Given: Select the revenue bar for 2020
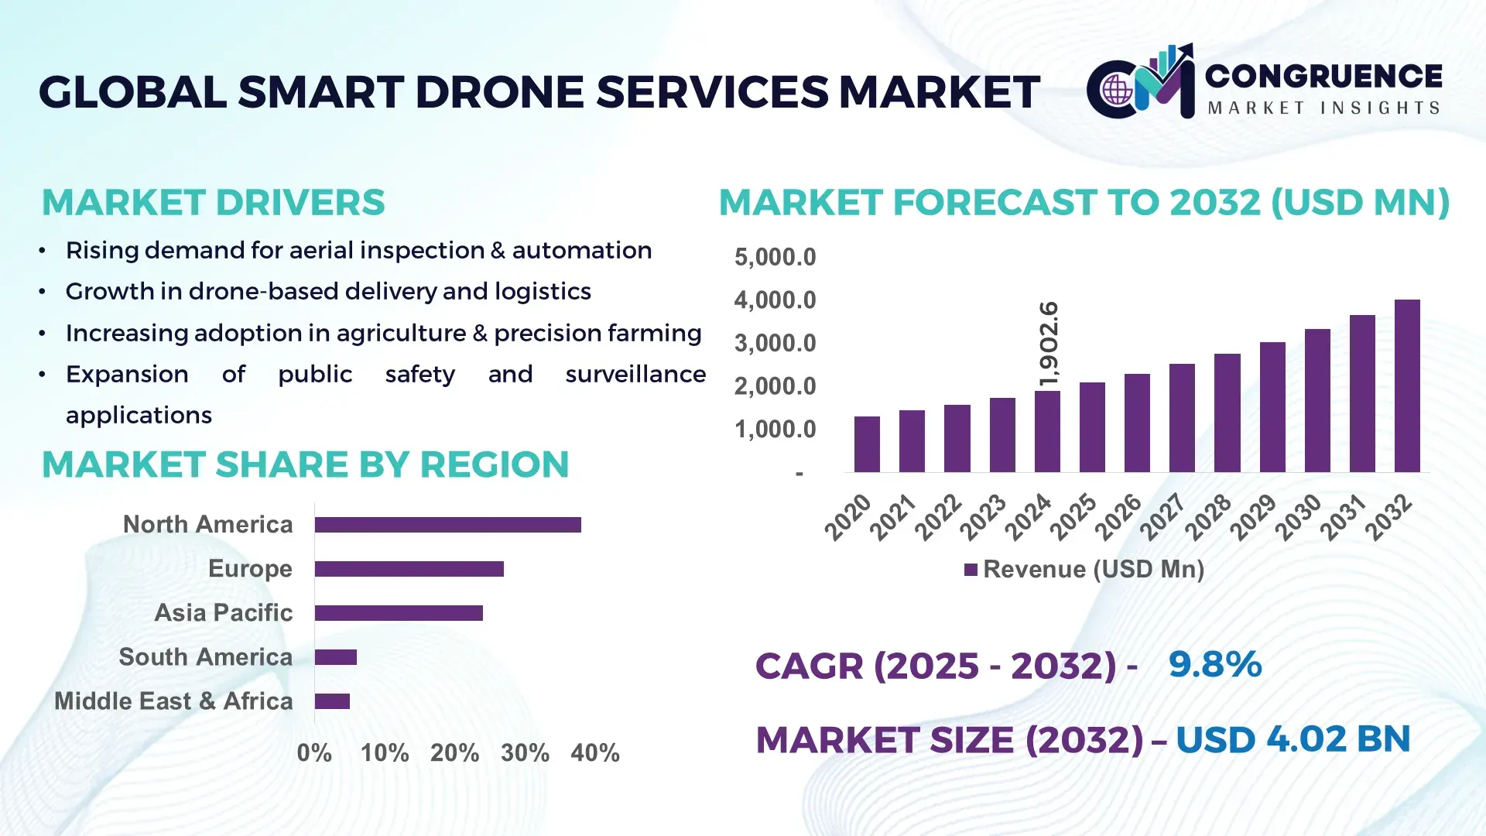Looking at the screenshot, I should (x=867, y=444).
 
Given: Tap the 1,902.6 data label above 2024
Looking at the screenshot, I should (x=1048, y=344).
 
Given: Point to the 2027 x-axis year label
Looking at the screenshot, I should (x=1162, y=516).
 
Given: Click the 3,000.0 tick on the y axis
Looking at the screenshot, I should (x=775, y=343).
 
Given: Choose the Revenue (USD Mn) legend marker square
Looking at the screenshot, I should (x=971, y=570).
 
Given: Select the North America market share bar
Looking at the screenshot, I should (x=447, y=525).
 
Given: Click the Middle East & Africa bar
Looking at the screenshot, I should (x=332, y=701).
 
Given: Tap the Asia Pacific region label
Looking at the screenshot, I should (x=223, y=612).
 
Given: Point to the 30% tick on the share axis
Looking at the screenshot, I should (x=525, y=752).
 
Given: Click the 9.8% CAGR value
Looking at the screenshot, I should (x=1214, y=664).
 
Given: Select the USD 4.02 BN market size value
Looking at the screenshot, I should (x=1293, y=739).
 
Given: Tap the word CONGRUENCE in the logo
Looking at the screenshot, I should (x=1323, y=76).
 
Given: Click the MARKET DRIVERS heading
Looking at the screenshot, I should (x=213, y=203).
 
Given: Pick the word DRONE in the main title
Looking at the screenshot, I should (x=500, y=92).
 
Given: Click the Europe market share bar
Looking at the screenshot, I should (x=409, y=569).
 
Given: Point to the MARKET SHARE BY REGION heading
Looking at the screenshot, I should (x=305, y=464).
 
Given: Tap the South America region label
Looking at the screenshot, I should (x=205, y=656).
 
